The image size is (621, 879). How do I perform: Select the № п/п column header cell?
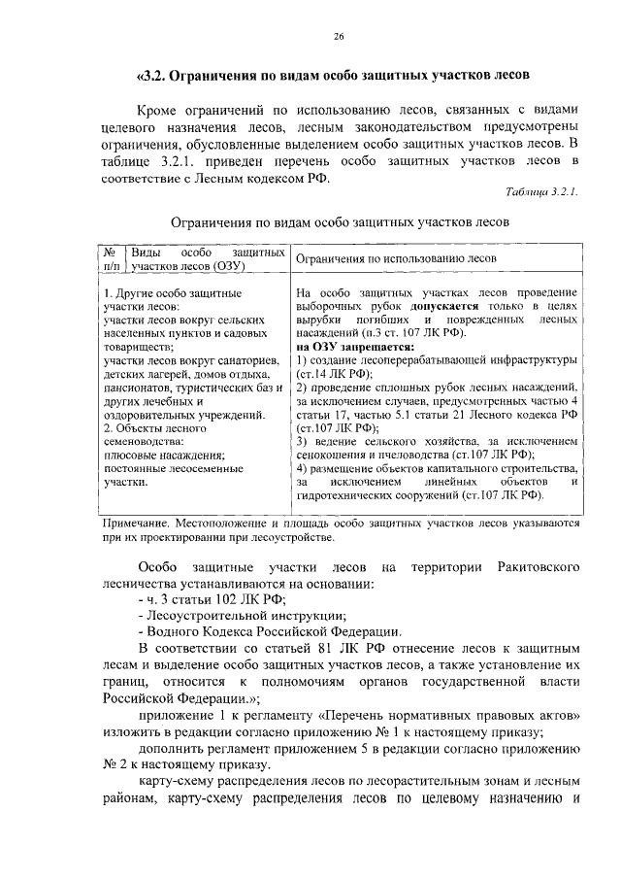(x=113, y=257)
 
